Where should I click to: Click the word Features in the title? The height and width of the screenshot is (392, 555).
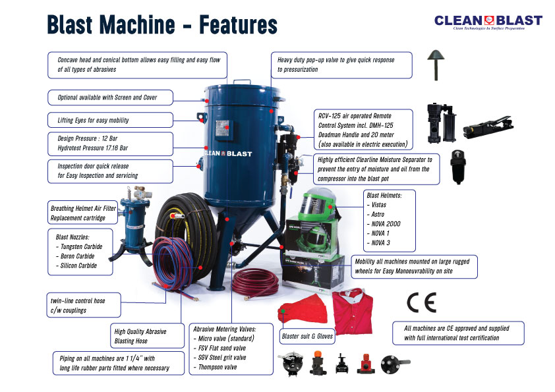tap(238, 24)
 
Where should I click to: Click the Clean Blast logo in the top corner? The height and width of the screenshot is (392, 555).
tap(488, 22)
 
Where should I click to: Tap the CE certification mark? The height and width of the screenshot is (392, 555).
tap(421, 302)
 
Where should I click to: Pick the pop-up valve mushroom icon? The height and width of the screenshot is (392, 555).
tap(436, 65)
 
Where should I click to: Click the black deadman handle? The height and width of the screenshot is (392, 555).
tap(488, 126)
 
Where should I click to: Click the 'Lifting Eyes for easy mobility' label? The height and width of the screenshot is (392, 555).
tap(111, 120)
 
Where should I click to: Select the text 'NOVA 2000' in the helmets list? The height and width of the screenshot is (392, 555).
tap(386, 223)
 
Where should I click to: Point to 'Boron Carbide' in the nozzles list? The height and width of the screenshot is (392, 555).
tap(77, 256)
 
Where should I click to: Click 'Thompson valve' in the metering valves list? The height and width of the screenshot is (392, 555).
tap(218, 367)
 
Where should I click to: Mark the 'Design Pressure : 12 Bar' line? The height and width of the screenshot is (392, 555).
tap(88, 138)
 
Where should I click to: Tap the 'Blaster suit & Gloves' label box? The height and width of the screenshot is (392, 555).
tap(307, 336)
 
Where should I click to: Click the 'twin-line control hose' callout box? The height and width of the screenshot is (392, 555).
tap(84, 305)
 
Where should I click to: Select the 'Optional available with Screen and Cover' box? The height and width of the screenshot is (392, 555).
tap(111, 98)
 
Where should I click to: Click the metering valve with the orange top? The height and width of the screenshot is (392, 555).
tap(318, 362)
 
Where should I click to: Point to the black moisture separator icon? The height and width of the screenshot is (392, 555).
tap(457, 167)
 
